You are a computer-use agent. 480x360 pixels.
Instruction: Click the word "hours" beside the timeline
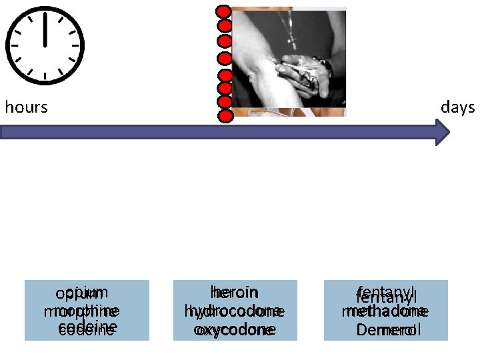click(27, 107)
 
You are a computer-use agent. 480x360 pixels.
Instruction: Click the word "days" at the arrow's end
click(457, 107)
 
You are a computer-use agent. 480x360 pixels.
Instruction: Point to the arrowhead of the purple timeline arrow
click(443, 132)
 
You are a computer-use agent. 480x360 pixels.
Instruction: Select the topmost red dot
click(225, 12)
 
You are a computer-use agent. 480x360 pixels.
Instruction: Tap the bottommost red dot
click(225, 117)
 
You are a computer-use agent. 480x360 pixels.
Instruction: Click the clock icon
click(45, 45)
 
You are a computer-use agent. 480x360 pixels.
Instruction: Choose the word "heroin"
click(234, 293)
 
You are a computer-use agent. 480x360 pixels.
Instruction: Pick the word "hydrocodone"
click(234, 311)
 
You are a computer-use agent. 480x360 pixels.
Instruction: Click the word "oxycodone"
click(234, 329)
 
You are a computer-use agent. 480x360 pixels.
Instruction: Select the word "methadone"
click(385, 311)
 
